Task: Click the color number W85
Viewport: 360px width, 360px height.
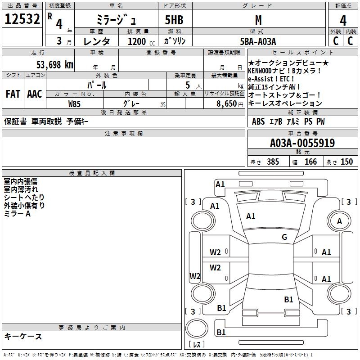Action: tap(74, 103)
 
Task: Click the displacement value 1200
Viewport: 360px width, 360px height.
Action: tap(137, 41)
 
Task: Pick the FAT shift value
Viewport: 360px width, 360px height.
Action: tap(13, 94)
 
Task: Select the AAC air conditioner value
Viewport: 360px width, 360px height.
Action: tap(35, 94)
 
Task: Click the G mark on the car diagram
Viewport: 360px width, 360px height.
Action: tap(284, 237)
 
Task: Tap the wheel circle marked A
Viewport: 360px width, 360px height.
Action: tap(339, 221)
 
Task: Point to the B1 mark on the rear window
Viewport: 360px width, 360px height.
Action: tap(288, 299)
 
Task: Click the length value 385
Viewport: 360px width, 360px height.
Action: tap(273, 162)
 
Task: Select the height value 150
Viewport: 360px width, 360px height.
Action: tap(346, 162)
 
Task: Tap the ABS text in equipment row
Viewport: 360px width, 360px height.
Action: tap(258, 121)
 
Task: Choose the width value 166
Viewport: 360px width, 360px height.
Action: tap(310, 162)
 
